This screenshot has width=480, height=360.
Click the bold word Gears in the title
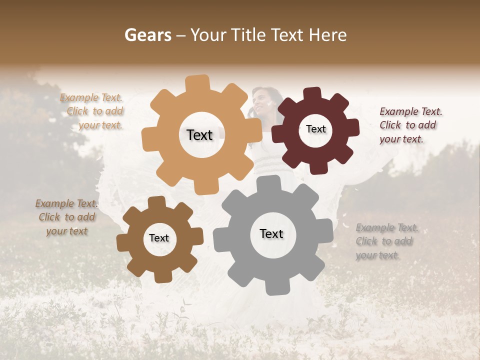coord(147,35)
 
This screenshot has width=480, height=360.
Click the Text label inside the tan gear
coord(199,135)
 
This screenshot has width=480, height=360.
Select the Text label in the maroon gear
coord(315,129)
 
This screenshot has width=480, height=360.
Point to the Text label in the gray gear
coord(271,233)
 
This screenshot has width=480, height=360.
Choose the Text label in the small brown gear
coord(159,238)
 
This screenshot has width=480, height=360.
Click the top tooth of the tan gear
coord(197,83)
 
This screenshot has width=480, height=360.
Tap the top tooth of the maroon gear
coord(313,94)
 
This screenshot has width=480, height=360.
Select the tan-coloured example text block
coord(92,111)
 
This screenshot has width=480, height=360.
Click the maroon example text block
coord(410,125)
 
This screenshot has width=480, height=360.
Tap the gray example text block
coord(387,241)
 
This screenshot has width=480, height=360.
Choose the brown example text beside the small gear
coord(66,217)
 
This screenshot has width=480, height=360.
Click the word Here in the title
coord(328,35)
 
